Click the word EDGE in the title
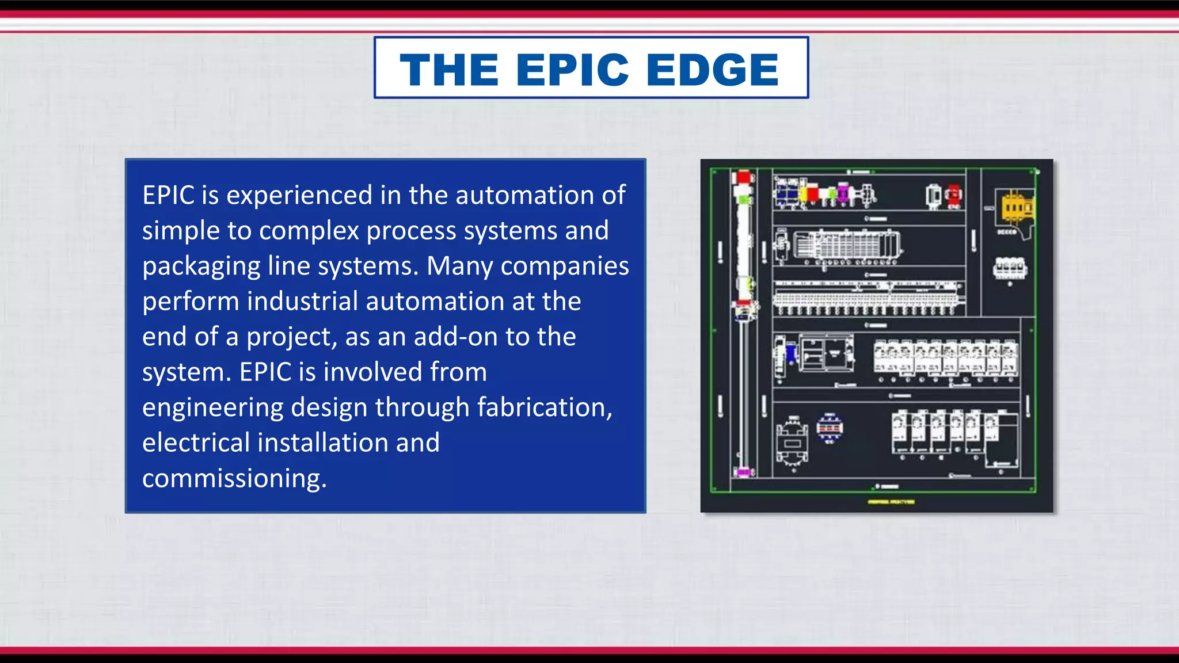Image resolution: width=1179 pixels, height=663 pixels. click(x=713, y=70)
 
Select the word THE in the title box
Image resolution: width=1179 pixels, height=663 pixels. click(x=449, y=70)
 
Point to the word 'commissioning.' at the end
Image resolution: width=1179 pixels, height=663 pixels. click(x=234, y=479)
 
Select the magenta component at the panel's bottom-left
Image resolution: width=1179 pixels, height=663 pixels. click(x=743, y=473)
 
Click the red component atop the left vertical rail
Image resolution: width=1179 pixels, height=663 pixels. click(x=743, y=177)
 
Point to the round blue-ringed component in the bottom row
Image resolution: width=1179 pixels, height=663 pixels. click(x=830, y=428)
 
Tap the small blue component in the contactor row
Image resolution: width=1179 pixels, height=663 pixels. click(x=791, y=352)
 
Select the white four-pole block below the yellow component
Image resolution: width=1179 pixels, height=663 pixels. click(x=1010, y=268)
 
